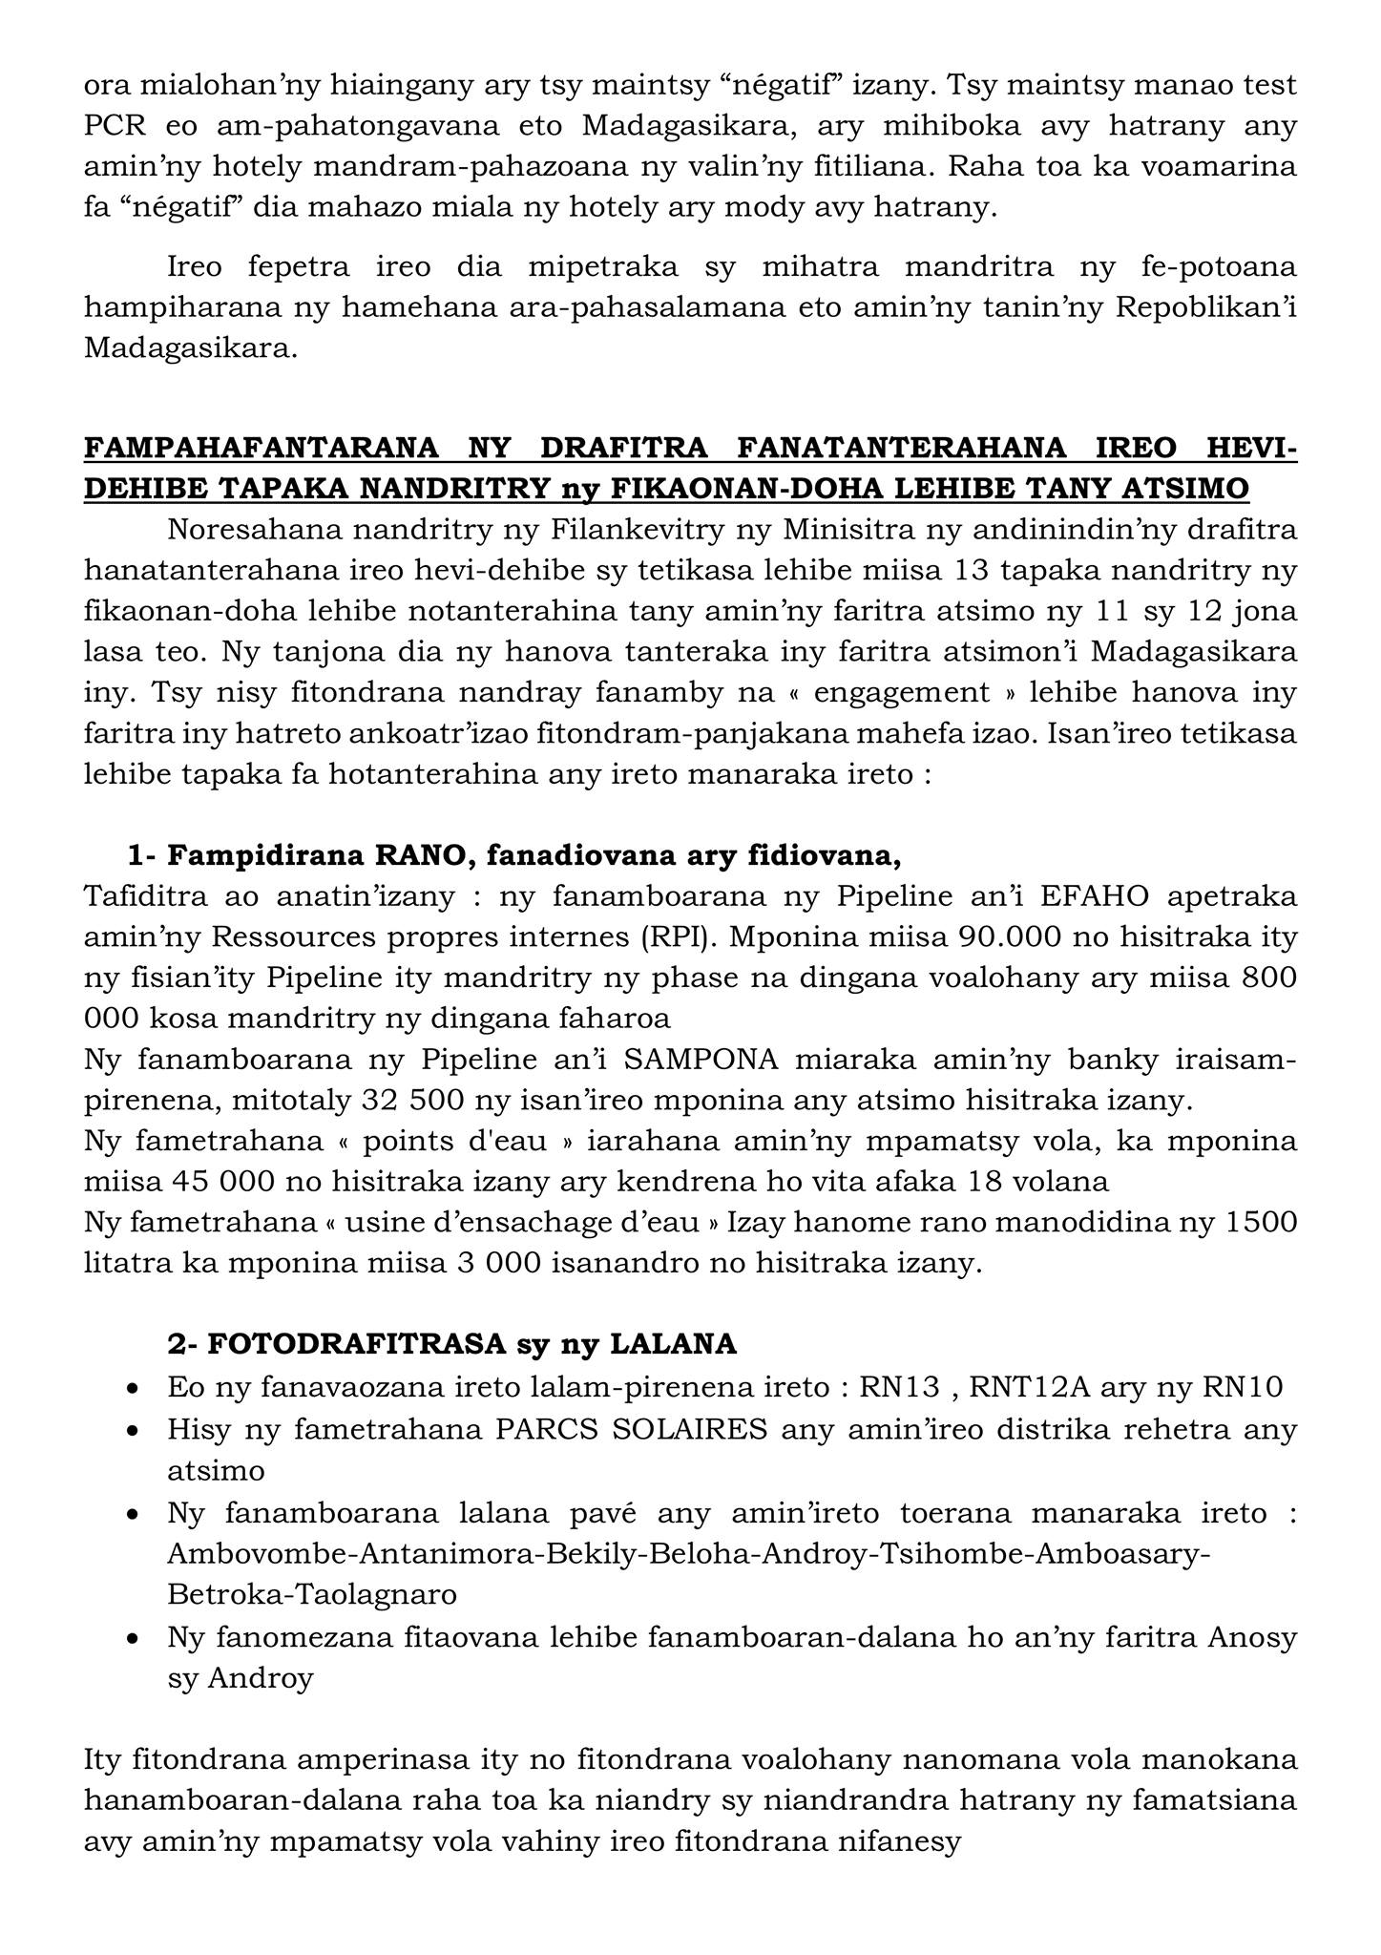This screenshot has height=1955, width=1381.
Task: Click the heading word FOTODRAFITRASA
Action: (x=355, y=1344)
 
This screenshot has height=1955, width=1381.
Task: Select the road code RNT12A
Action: (x=1028, y=1386)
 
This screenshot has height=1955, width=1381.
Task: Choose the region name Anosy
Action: (x=1252, y=1638)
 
